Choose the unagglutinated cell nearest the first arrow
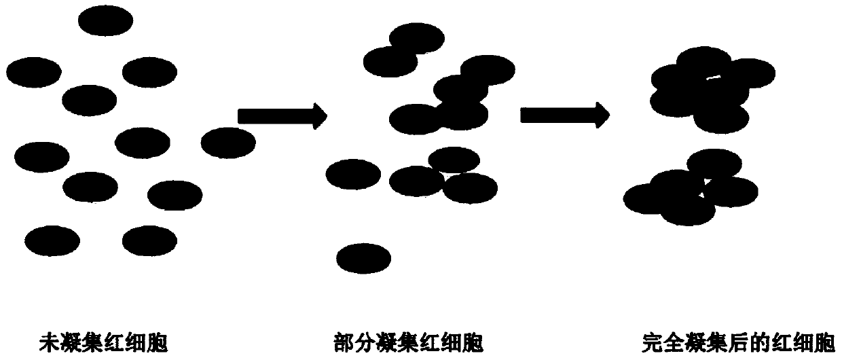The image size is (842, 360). tap(228, 141)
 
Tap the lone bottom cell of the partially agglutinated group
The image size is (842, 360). tap(363, 258)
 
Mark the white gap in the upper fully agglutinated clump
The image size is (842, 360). tap(713, 77)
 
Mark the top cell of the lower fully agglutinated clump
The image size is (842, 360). tap(715, 162)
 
